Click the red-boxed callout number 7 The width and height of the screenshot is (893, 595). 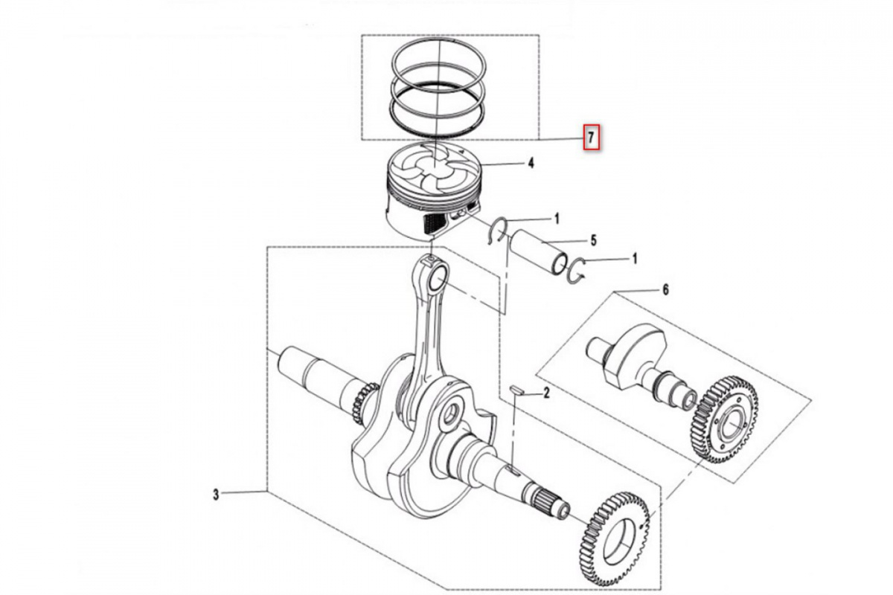point(591,138)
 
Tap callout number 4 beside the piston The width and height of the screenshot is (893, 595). point(531,163)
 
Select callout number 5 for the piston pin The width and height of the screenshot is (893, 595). point(594,241)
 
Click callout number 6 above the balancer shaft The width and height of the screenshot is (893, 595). point(665,290)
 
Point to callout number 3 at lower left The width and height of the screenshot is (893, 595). point(216,495)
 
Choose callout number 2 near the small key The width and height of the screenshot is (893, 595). point(546,393)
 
